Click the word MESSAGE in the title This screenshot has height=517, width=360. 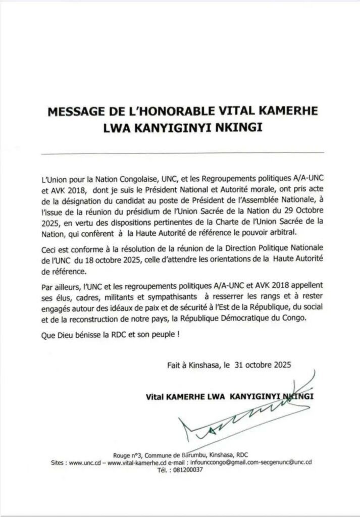76,112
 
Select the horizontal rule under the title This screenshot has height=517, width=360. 180,152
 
